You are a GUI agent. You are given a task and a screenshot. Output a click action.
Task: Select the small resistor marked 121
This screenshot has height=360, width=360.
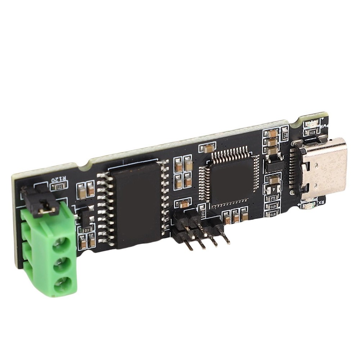pyautogui.click(x=60, y=186)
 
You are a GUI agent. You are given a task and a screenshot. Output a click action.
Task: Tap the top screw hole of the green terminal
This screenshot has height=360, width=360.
pyautogui.click(x=60, y=245)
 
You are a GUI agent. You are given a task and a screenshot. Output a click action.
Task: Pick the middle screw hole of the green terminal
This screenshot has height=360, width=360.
pyautogui.click(x=62, y=266)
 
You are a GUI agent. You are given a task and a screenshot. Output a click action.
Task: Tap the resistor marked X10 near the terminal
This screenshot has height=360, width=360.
pyautogui.click(x=87, y=229)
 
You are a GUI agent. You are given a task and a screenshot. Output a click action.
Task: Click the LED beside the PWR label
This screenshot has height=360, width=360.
pyautogui.click(x=312, y=125)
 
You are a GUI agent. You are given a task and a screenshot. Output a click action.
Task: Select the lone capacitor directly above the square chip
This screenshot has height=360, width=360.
pyautogui.click(x=208, y=148)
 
